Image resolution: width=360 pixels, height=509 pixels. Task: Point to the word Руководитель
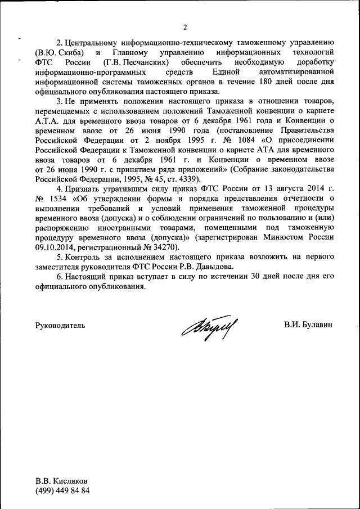[x=60, y=326]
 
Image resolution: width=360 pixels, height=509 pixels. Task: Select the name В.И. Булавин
[x=309, y=326]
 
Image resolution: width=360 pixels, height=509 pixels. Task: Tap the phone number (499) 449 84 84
[x=62, y=492]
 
